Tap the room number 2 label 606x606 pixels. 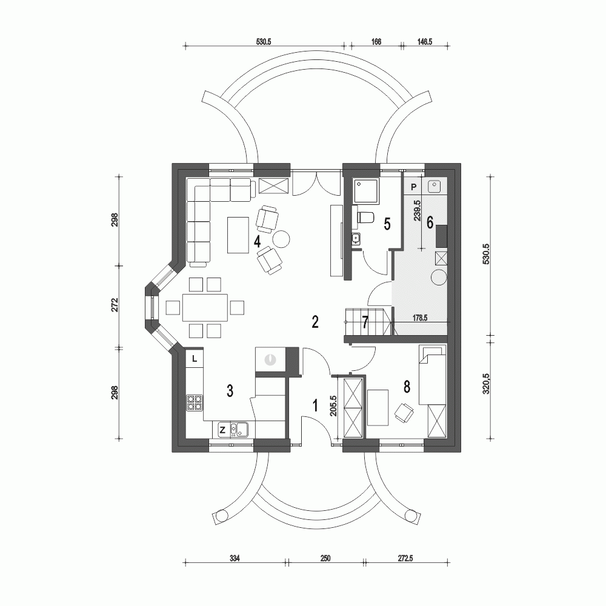[x=315, y=321]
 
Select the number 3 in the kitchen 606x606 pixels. [x=230, y=391]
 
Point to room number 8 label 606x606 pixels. [x=407, y=385]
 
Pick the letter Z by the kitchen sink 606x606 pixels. [x=222, y=430]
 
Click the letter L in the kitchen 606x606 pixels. [x=194, y=359]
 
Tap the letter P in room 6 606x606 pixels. [x=413, y=187]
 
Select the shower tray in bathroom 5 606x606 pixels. [x=367, y=191]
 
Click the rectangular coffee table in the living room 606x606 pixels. [x=237, y=235]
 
